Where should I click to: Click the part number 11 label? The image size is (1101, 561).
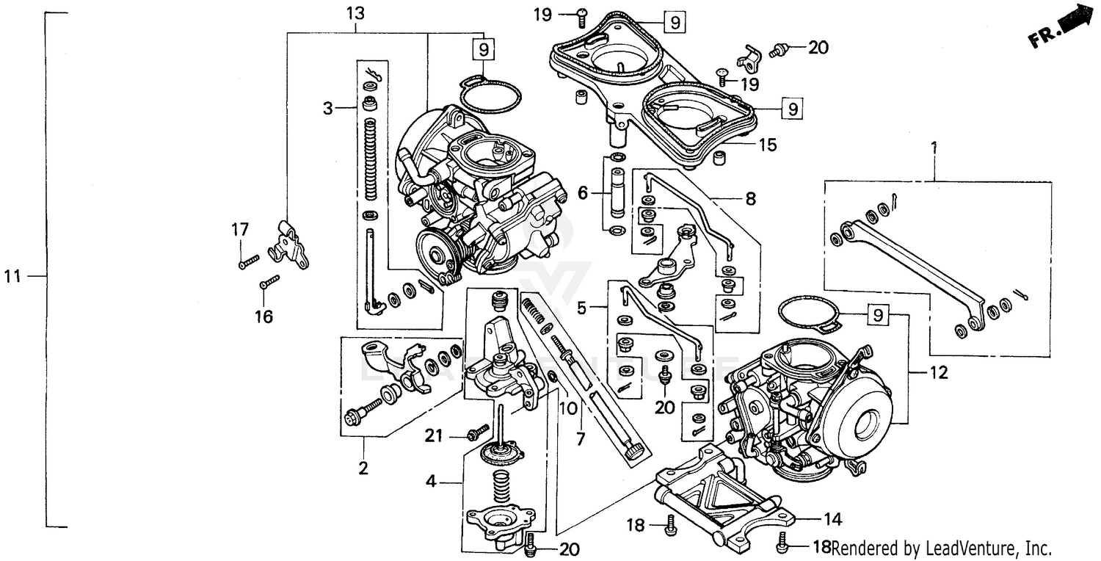click(x=12, y=276)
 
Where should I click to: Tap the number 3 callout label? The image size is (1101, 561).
click(x=327, y=109)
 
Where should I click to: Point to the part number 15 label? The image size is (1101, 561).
click(x=767, y=145)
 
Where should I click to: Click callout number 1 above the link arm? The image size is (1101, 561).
click(x=934, y=148)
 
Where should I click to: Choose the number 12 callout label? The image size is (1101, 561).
click(x=939, y=372)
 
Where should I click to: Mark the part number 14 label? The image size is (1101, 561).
click(x=832, y=519)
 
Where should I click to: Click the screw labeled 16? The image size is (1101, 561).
click(x=270, y=280)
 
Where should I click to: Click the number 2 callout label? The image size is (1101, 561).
click(x=363, y=467)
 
